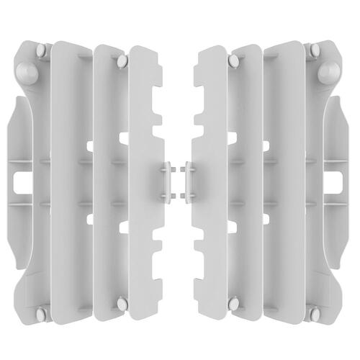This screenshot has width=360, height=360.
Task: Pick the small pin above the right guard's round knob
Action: (315, 50)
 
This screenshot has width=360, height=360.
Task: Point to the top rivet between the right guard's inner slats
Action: (233, 60)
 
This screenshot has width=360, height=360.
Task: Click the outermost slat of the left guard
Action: (72, 180)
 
